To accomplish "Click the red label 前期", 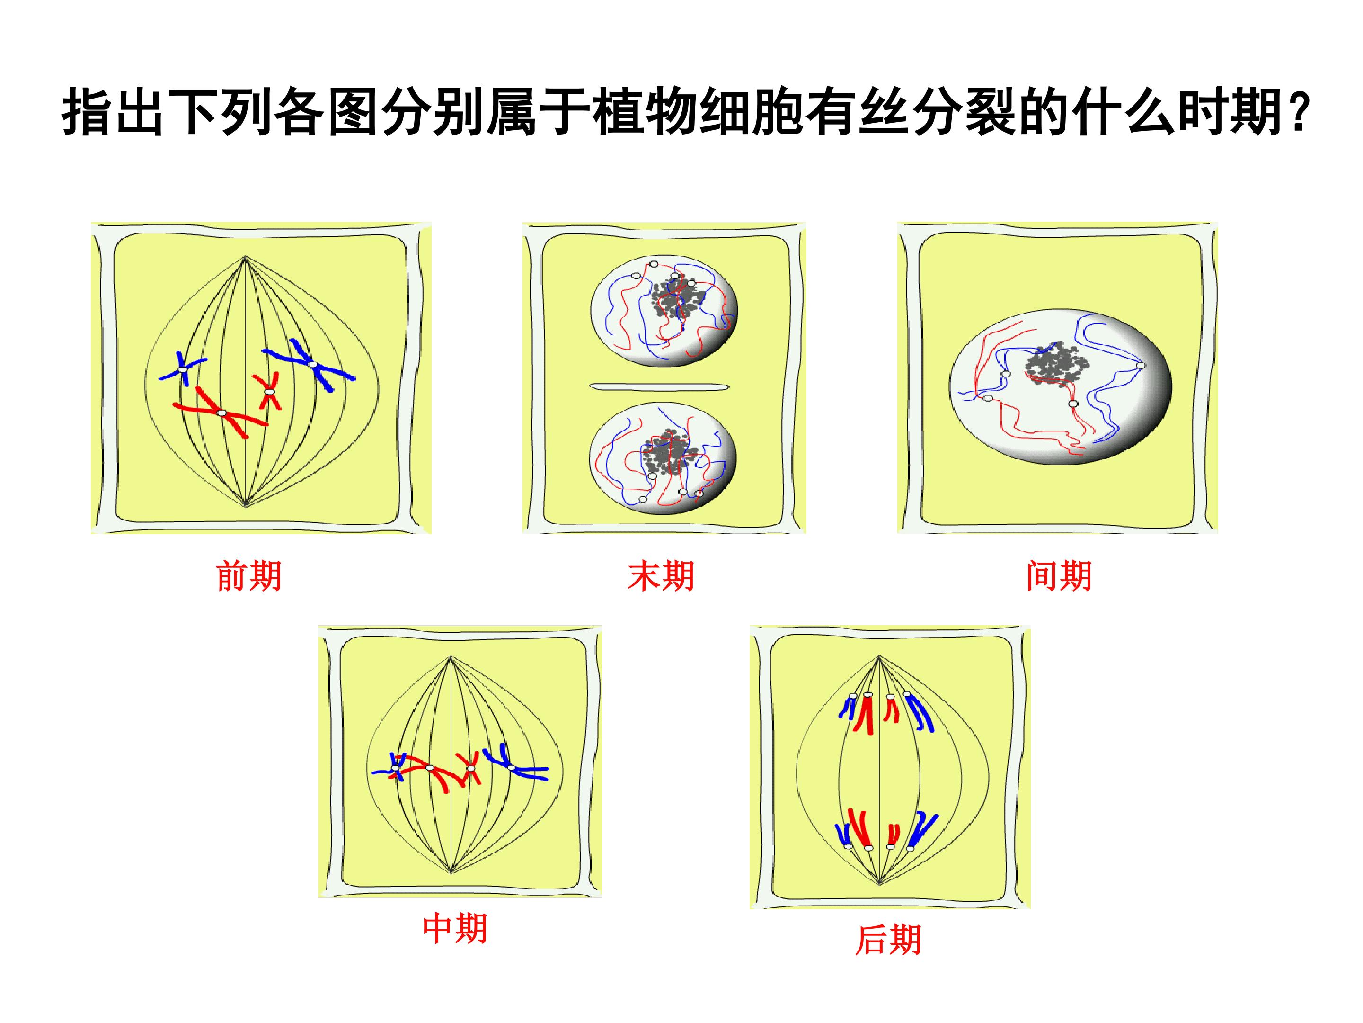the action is click(x=249, y=576).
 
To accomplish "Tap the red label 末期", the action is click(x=661, y=576).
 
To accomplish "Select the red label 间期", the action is click(x=1059, y=576).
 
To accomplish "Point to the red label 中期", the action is click(x=455, y=929).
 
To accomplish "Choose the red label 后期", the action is click(x=888, y=940).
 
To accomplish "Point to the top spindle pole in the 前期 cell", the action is click(x=245, y=257).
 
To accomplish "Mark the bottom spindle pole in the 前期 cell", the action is click(x=246, y=506).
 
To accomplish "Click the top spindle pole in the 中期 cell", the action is click(x=451, y=657).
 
